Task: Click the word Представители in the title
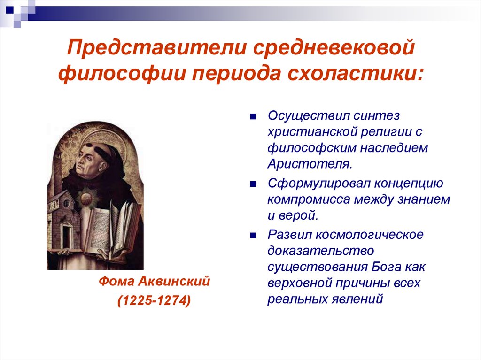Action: (x=157, y=47)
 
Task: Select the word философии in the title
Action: (x=122, y=74)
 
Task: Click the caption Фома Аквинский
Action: (x=154, y=281)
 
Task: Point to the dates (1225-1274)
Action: (x=154, y=300)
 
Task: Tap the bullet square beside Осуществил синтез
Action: (x=253, y=116)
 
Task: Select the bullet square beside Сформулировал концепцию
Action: (x=253, y=184)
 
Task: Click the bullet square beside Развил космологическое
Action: (x=253, y=236)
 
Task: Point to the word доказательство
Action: (x=320, y=251)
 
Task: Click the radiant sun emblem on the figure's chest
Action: (x=87, y=198)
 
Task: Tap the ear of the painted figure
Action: (x=103, y=168)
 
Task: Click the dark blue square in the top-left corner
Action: (x=10, y=9)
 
